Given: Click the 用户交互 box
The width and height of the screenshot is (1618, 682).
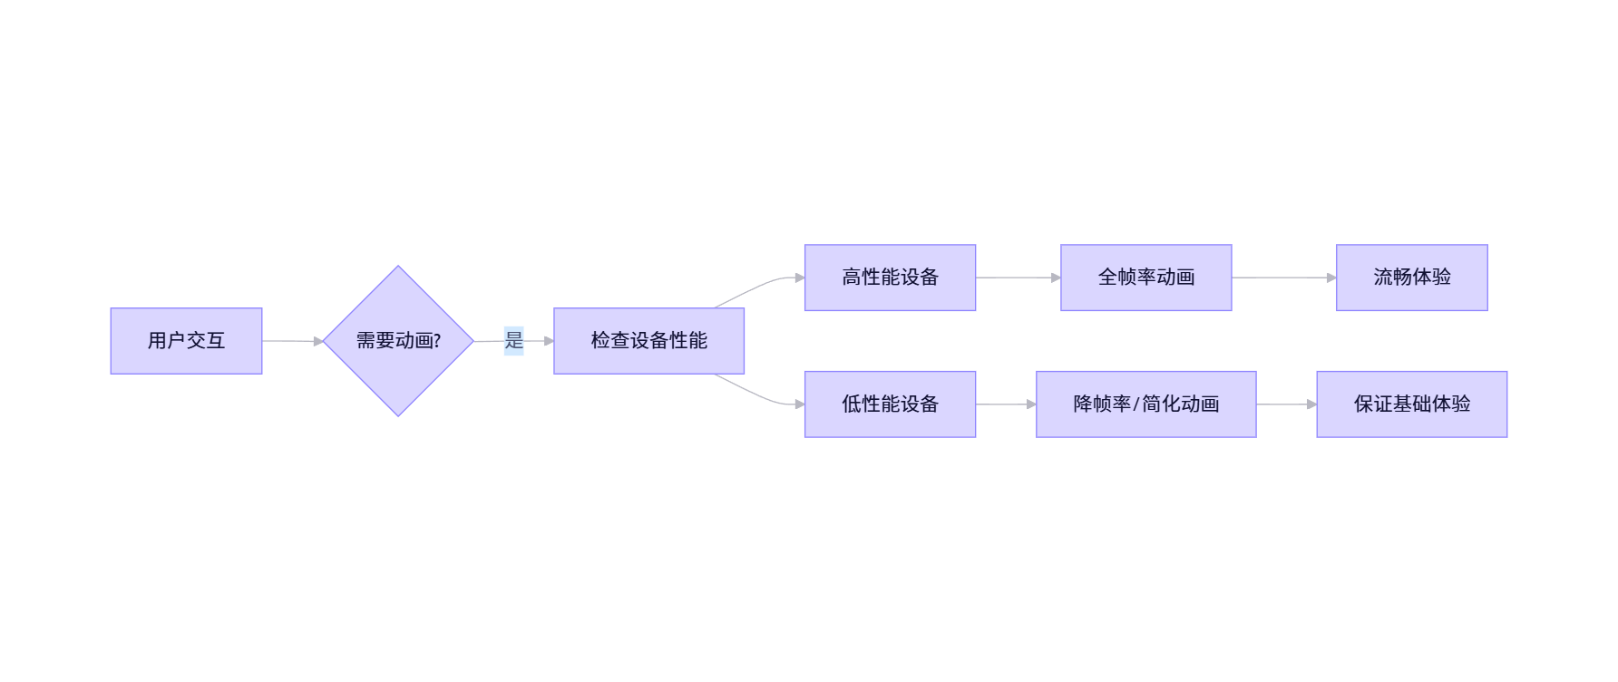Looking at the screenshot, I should pyautogui.click(x=186, y=341).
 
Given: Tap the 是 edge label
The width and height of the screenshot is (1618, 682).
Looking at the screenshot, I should pyautogui.click(x=514, y=341).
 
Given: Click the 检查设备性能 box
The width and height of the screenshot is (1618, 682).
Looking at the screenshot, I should pyautogui.click(x=648, y=341).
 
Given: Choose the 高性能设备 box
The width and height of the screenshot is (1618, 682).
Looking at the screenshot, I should pyautogui.click(x=890, y=278).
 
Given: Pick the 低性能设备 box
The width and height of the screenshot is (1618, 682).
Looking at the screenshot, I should pyautogui.click(x=890, y=404).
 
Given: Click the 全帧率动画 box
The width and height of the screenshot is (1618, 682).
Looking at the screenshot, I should pyautogui.click(x=1145, y=278).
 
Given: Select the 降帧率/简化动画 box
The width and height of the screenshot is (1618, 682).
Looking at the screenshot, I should pyautogui.click(x=1145, y=404).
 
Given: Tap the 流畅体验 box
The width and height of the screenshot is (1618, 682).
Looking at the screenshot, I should pyautogui.click(x=1411, y=278).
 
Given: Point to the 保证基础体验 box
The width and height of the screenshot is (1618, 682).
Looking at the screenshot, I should pyautogui.click(x=1411, y=404).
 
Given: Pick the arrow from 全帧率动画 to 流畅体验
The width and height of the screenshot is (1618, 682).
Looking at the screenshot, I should pyautogui.click(x=1282, y=278).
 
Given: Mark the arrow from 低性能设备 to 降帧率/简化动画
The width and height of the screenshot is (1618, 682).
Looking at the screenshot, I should pyautogui.click(x=1004, y=404).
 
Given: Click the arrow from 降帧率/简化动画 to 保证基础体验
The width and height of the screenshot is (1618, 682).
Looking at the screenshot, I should pyautogui.click(x=1285, y=404).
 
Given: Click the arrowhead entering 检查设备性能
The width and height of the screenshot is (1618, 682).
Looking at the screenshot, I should pyautogui.click(x=549, y=341).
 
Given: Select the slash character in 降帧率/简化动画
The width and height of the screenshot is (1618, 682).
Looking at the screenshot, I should pyautogui.click(x=1136, y=404).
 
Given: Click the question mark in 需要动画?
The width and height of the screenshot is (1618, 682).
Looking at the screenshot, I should pyautogui.click(x=437, y=341).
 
